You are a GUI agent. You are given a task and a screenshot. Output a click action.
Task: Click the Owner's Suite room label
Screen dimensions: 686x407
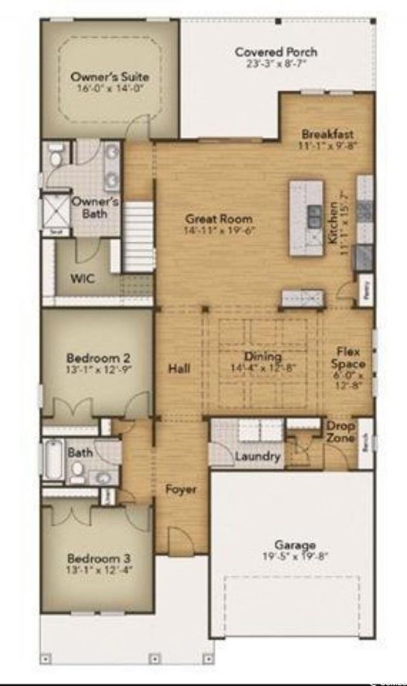(x=109, y=77)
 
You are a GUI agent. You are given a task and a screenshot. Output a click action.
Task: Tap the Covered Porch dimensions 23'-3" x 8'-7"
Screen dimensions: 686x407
(x=276, y=64)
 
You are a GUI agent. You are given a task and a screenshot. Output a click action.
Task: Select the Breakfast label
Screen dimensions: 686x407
(x=328, y=134)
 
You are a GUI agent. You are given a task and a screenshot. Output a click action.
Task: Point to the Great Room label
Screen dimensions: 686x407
(x=219, y=219)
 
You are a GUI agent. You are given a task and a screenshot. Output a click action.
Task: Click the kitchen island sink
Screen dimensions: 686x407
(x=314, y=216)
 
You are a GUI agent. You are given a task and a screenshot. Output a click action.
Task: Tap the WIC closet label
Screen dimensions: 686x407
(x=83, y=279)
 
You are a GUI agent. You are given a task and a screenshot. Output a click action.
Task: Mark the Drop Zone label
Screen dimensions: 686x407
(x=341, y=431)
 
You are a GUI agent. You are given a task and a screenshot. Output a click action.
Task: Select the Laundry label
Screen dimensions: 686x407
(x=258, y=456)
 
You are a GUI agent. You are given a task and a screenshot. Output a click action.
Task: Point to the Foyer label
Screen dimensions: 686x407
(x=181, y=489)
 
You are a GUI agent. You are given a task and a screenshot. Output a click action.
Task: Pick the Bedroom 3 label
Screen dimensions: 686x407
(x=99, y=559)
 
